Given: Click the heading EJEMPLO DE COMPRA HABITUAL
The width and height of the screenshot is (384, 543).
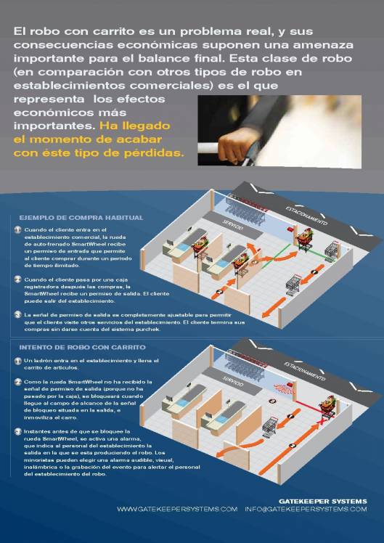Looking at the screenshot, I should tap(81, 217).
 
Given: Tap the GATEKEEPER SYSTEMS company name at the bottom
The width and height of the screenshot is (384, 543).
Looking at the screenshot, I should tap(323, 501).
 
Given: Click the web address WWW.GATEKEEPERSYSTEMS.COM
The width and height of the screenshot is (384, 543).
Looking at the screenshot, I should tap(177, 510).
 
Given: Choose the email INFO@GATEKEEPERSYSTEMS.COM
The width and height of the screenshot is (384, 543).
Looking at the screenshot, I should tap(306, 510).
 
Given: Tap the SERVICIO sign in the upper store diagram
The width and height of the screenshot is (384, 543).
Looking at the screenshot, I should tap(233, 226).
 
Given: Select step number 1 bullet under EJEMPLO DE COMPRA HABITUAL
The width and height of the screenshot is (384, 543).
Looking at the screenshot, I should tap(18, 229).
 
